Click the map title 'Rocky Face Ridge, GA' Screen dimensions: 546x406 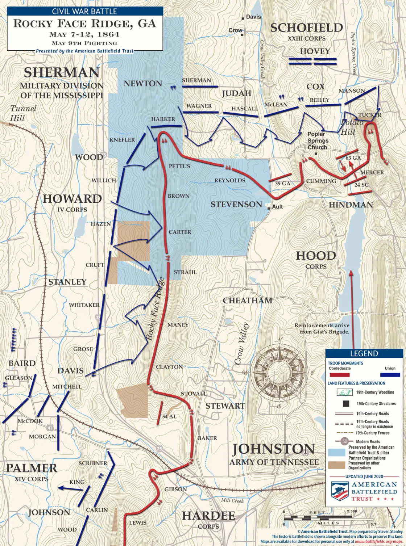[x=84, y=24]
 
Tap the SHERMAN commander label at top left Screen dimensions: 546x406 [x=62, y=73]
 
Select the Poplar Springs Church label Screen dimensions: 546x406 [x=318, y=140]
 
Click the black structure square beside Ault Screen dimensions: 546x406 [x=269, y=208]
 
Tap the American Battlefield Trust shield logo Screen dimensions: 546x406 [x=340, y=491]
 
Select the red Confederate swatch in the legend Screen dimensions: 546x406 [x=339, y=375]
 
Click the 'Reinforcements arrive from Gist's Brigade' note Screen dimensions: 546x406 [x=322, y=328]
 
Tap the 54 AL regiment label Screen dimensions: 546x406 [x=169, y=416]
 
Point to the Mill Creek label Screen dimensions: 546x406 [x=232, y=500]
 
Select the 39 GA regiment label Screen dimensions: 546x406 [x=282, y=184]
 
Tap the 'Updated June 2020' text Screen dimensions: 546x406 [x=364, y=476]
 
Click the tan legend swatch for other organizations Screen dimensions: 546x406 [x=336, y=465]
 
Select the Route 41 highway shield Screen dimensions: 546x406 [x=50, y=428]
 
